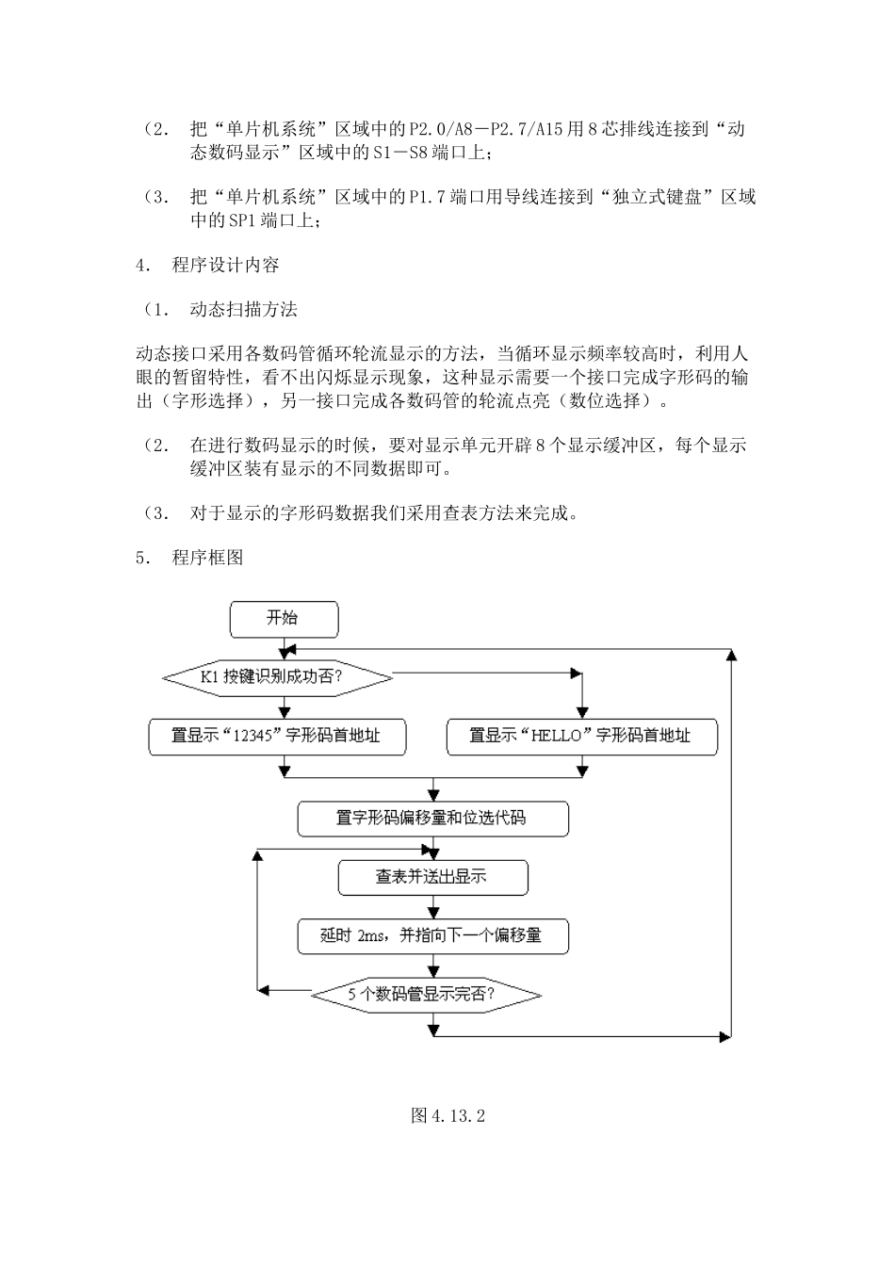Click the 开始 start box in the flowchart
(x=284, y=619)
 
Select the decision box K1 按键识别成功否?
(x=277, y=677)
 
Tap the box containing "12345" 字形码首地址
(x=277, y=737)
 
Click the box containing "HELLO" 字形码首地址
(x=581, y=737)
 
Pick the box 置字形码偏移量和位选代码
(x=432, y=819)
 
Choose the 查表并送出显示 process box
(x=432, y=877)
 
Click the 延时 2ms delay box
(x=432, y=936)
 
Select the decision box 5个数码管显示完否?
(x=426, y=995)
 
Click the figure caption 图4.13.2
(x=447, y=1116)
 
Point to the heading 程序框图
(x=207, y=558)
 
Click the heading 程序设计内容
(x=225, y=266)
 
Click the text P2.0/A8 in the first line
(x=432, y=129)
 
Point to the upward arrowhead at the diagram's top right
(x=730, y=656)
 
